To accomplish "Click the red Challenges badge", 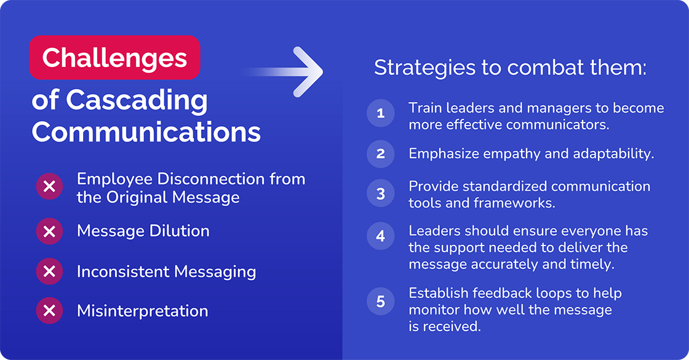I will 114,58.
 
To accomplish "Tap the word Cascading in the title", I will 137,100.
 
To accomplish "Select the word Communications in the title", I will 146,132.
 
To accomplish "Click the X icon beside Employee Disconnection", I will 50,187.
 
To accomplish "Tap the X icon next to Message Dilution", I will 50,231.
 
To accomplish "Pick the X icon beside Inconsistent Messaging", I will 50,271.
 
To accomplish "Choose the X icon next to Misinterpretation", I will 50,311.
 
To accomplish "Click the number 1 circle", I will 381,114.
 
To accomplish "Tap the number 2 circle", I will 381,154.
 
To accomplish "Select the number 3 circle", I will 381,194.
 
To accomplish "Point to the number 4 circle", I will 381,236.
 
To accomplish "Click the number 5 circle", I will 381,302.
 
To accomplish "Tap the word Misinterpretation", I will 142,311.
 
